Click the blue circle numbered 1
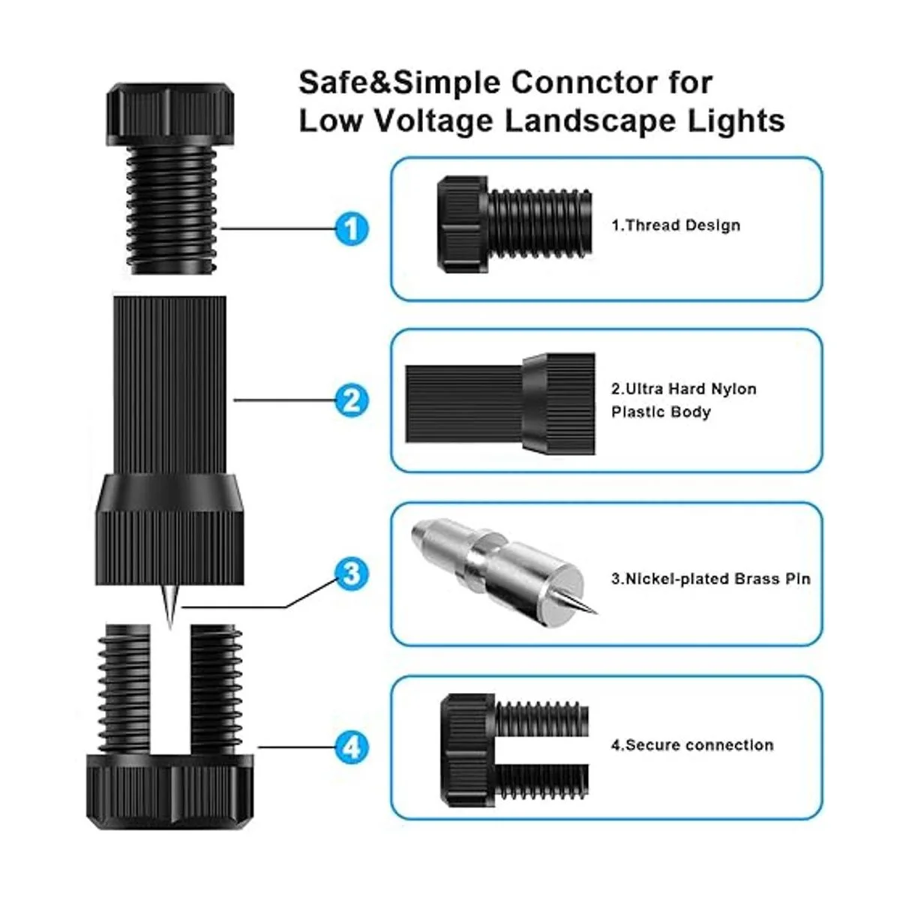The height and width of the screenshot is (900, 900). pos(351,229)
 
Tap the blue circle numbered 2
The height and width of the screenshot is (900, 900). pos(351,400)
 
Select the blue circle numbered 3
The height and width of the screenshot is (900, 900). pos(351,574)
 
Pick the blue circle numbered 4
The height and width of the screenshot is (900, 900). pos(351,747)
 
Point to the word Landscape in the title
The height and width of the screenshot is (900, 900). pos(590,121)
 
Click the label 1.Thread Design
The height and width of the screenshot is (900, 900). pos(676,225)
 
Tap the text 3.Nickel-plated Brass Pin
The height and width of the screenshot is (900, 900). pos(710,579)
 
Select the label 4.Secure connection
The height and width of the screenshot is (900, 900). pos(692,745)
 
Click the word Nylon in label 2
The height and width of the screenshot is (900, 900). pos(733,388)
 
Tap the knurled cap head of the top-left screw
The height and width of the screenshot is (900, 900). pos(169,114)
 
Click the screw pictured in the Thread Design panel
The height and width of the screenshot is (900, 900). pos(514,224)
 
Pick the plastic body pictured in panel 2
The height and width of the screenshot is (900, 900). pos(500,403)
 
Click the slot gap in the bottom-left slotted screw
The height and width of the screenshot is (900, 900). pos(170,690)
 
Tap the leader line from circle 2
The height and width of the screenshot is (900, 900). pos(284,400)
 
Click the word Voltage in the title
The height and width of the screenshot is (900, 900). pos(434,121)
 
